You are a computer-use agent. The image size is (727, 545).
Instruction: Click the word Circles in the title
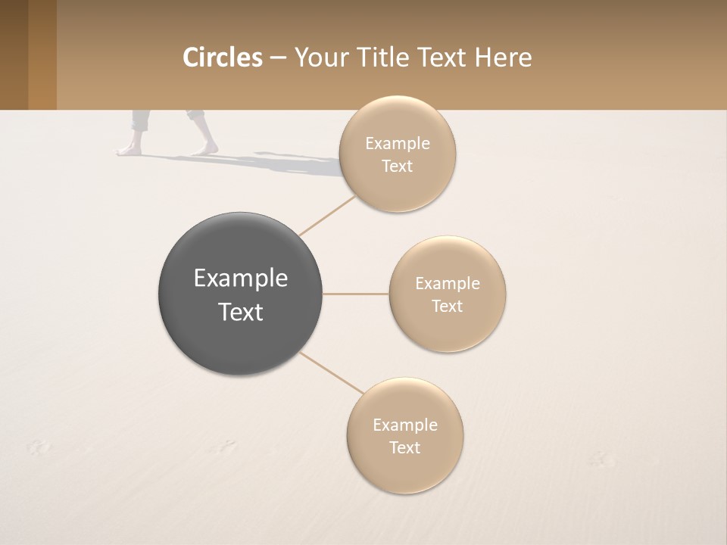[223, 58]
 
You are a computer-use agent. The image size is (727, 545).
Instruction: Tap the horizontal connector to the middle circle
[355, 294]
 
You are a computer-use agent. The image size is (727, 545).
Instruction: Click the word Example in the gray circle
[241, 279]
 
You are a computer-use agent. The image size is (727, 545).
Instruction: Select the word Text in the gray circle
[241, 312]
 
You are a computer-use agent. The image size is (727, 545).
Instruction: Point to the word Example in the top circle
[397, 144]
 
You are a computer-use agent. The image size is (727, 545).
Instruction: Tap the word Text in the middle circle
[447, 306]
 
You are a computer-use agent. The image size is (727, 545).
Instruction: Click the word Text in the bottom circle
[404, 447]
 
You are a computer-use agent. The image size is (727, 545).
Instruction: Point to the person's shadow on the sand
[273, 161]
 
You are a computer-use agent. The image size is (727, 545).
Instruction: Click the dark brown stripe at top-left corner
[14, 54]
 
